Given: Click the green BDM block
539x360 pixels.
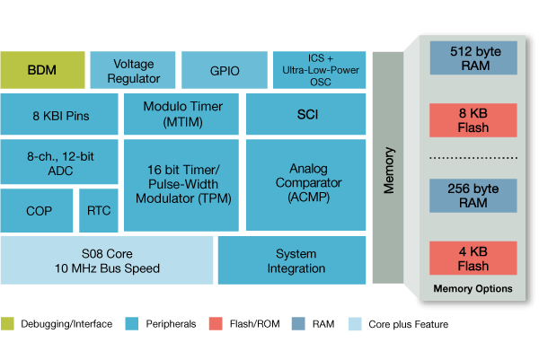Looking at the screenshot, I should click(x=42, y=69).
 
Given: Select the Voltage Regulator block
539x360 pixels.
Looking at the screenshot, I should click(x=133, y=69).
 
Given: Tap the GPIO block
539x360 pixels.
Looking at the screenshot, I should click(x=223, y=69).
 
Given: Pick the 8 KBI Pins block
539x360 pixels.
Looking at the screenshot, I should click(x=59, y=114).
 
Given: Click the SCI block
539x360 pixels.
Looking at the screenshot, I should click(x=307, y=114).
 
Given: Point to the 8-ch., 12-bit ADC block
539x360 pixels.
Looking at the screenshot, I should click(x=59, y=162).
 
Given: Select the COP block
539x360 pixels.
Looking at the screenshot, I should click(x=37, y=211).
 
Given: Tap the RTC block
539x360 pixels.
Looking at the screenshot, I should click(x=99, y=211).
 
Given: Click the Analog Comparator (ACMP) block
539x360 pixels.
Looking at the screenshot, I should click(x=307, y=184).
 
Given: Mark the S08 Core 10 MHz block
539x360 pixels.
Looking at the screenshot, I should click(x=108, y=260).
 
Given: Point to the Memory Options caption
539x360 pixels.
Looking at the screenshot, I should click(x=473, y=289).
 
